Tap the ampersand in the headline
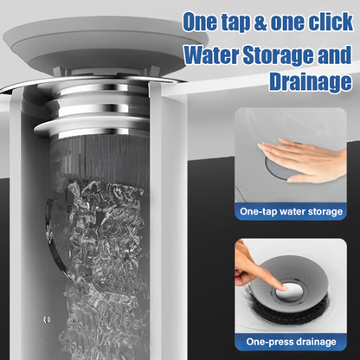260,22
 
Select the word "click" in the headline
332,21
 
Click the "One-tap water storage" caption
291,211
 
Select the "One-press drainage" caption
291,342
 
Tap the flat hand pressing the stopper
302,159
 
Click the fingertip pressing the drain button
284,287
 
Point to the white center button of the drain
290,292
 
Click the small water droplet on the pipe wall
47,319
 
